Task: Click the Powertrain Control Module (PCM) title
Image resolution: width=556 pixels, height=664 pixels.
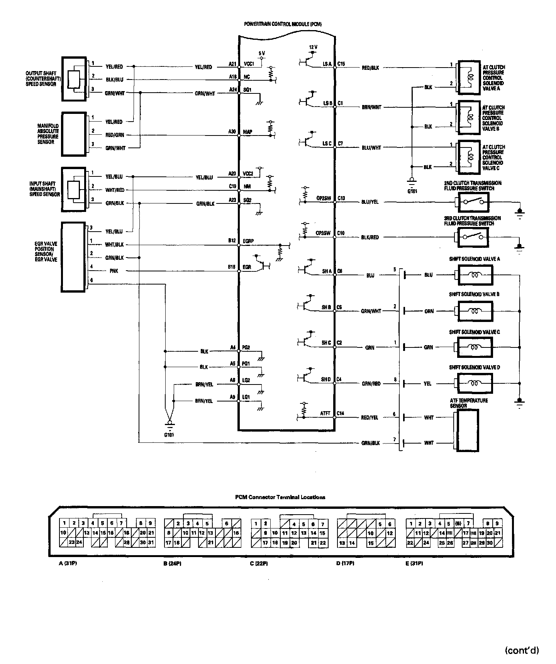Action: click(x=283, y=24)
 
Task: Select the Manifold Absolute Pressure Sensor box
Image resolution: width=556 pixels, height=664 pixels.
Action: click(x=74, y=134)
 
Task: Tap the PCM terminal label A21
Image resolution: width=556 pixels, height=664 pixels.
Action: click(x=232, y=64)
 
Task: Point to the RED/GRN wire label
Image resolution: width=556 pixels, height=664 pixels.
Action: click(x=115, y=135)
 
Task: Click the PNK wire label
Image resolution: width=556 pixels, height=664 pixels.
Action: click(x=114, y=271)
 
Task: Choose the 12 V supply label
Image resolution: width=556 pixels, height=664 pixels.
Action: click(x=313, y=47)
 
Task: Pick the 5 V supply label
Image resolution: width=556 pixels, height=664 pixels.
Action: click(x=261, y=53)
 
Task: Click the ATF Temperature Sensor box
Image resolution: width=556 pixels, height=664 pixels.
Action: click(x=468, y=430)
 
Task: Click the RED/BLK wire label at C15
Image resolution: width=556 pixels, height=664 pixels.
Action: click(x=370, y=68)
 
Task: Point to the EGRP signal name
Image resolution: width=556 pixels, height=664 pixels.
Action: click(x=248, y=241)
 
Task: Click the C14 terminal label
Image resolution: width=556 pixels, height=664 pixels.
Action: click(x=340, y=413)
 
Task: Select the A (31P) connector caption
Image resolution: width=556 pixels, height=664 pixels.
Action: click(x=68, y=563)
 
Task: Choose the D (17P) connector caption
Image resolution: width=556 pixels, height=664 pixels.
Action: click(x=345, y=563)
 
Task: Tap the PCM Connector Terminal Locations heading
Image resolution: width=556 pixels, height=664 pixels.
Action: click(x=280, y=497)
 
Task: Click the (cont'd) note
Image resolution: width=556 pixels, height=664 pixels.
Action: click(x=522, y=650)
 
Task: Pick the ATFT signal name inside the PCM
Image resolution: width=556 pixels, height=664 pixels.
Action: click(x=325, y=413)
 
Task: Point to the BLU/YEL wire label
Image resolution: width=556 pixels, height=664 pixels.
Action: click(x=370, y=202)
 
